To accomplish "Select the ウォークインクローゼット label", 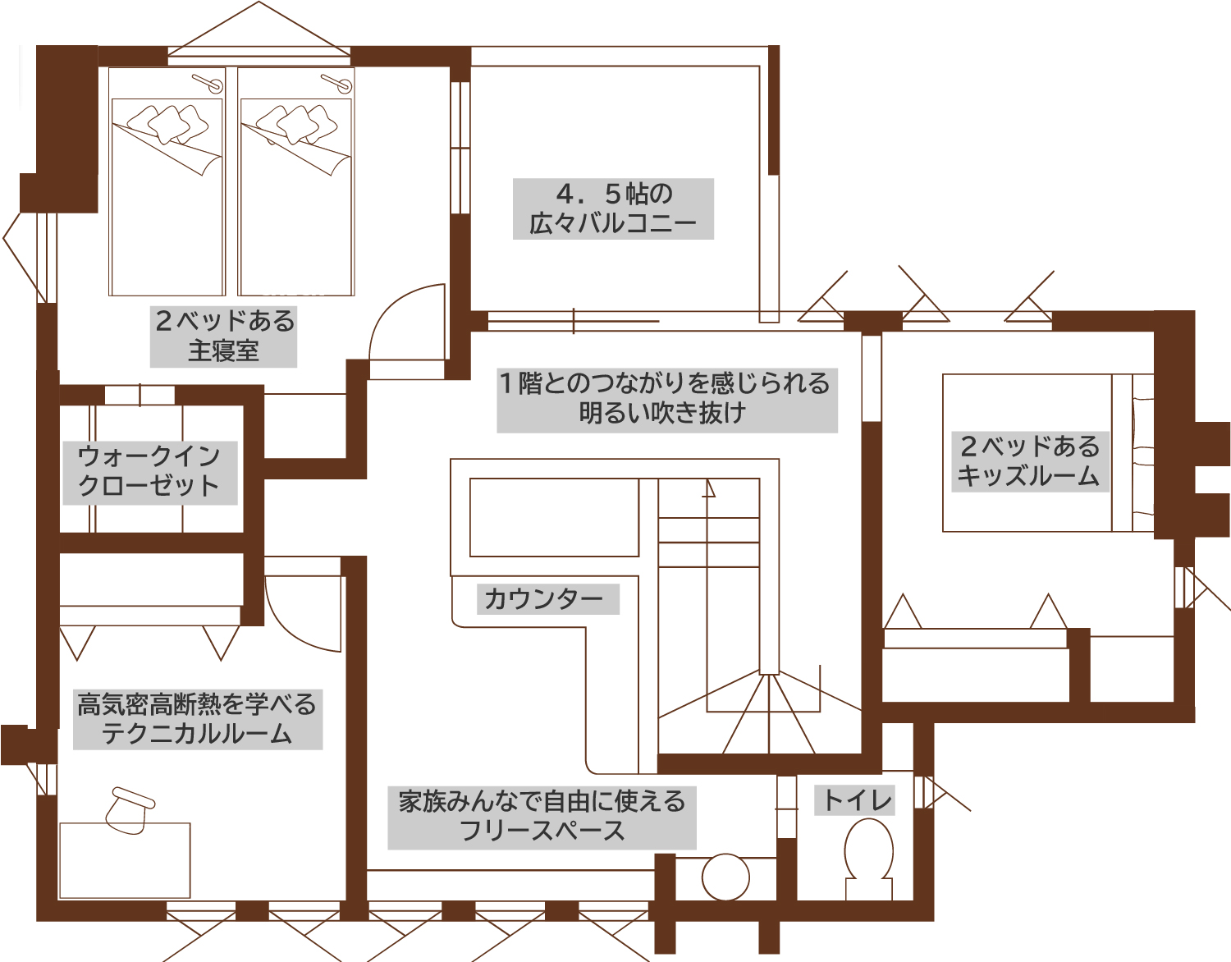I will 149,471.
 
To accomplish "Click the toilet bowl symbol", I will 869,854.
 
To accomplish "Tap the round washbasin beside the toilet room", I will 726,877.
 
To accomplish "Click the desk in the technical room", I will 125,860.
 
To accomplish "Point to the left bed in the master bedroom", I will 167,197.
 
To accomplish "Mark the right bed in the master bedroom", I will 296,197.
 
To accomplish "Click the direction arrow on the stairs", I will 708,489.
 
